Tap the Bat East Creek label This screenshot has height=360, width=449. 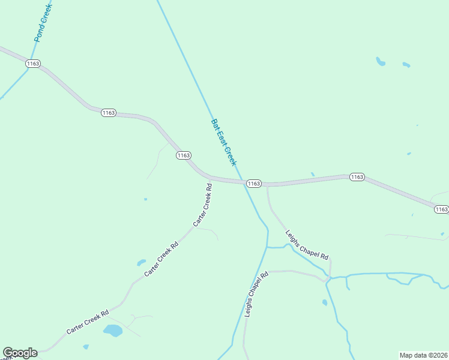pyautogui.click(x=224, y=143)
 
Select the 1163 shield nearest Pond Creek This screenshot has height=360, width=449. pyautogui.click(x=33, y=63)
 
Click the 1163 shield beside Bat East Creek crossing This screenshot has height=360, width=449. pyautogui.click(x=253, y=183)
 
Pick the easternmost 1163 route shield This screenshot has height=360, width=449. pyautogui.click(x=441, y=209)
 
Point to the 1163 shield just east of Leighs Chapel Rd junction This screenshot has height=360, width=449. pyautogui.click(x=357, y=177)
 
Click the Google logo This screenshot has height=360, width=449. pyautogui.click(x=20, y=353)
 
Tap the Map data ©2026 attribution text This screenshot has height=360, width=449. pyautogui.click(x=423, y=355)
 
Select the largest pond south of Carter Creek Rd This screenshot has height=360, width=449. pyautogui.click(x=112, y=330)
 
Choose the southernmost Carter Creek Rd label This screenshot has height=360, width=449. pyautogui.click(x=88, y=322)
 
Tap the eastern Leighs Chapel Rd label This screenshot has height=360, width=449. pyautogui.click(x=307, y=245)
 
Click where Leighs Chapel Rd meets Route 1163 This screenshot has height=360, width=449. pyautogui.click(x=267, y=184)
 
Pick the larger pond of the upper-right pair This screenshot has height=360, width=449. pyautogui.click(x=380, y=61)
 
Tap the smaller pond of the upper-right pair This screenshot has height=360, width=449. pyautogui.click(x=406, y=64)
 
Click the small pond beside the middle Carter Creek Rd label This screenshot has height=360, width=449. pyautogui.click(x=142, y=262)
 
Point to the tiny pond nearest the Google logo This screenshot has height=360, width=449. pyautogui.click(x=86, y=347)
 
